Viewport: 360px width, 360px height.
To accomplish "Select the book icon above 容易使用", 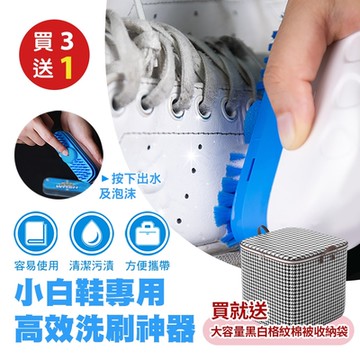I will coord(33,216).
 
